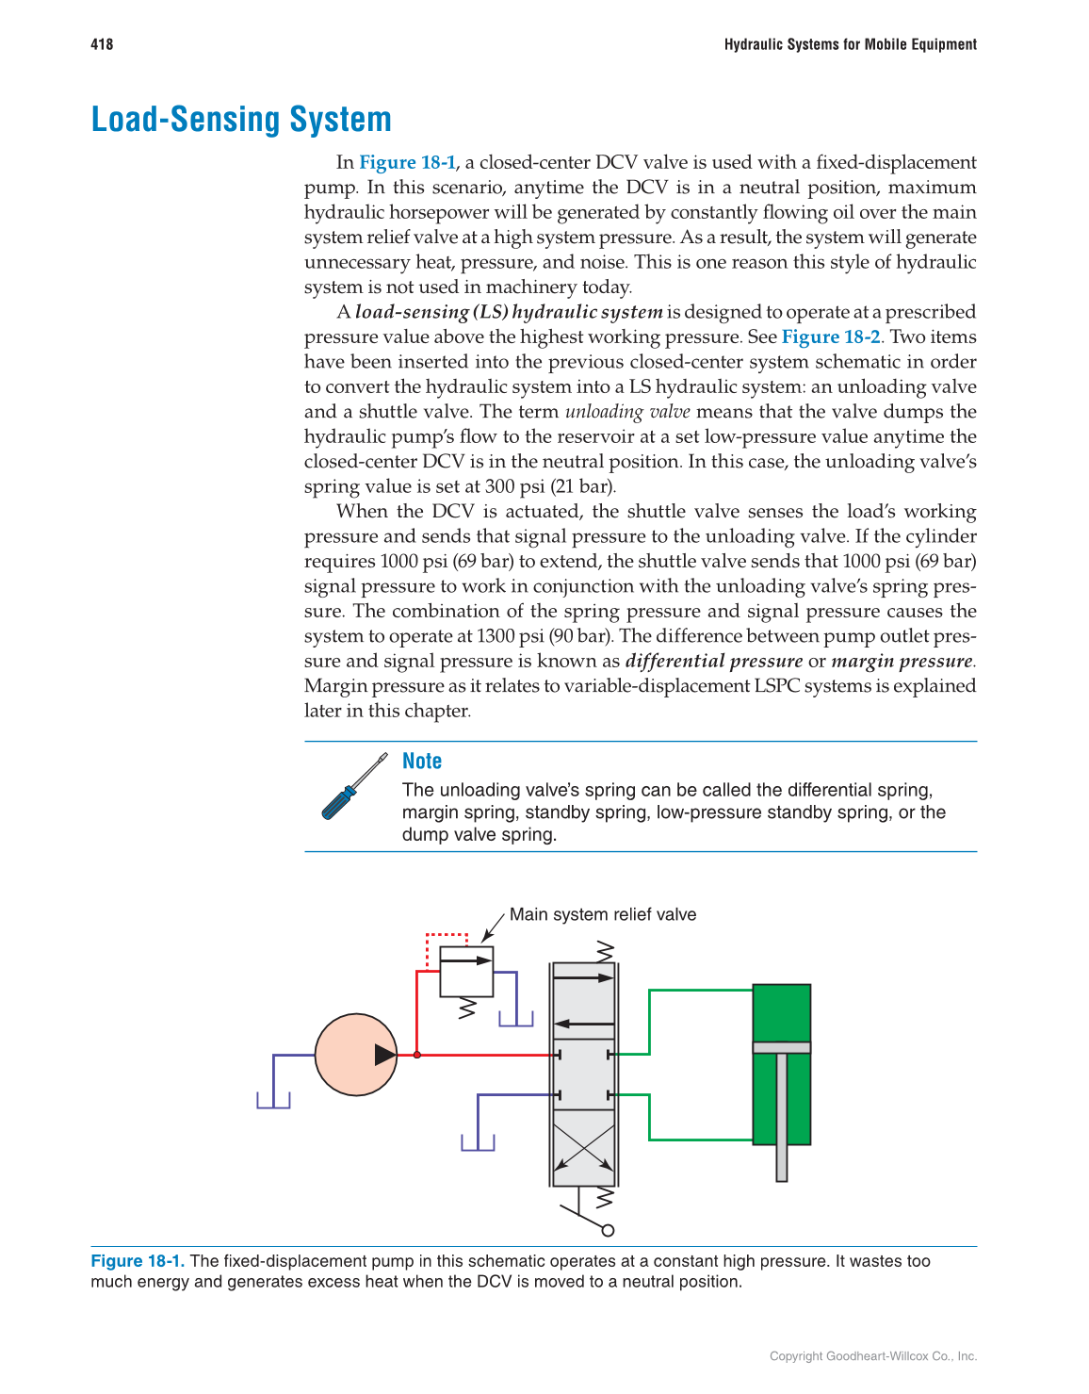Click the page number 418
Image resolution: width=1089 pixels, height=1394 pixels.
coord(102,44)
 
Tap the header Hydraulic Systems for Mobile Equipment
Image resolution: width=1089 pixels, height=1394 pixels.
coord(850,44)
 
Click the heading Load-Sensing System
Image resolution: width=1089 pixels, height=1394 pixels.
coord(241,120)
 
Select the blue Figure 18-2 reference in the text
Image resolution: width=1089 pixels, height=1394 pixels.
coord(831,336)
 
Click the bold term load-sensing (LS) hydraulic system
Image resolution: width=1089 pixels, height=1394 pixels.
coord(509,312)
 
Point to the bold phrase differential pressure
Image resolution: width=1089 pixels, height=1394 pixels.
coord(713,661)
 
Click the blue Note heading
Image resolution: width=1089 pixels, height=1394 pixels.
coord(421,761)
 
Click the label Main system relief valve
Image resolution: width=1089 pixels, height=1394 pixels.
coord(602,914)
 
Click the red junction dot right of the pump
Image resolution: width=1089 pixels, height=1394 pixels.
coord(417,1055)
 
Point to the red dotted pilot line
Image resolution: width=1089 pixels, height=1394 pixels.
coord(447,935)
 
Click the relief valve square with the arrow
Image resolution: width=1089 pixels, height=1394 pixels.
coord(466,971)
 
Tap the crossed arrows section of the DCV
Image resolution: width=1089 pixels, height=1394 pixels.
coord(584,1147)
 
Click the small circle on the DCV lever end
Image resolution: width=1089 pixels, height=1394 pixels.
coord(608,1230)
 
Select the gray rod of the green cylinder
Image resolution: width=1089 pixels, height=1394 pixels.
coord(781,1117)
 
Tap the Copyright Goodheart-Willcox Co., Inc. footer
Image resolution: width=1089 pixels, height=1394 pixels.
coord(872,1356)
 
